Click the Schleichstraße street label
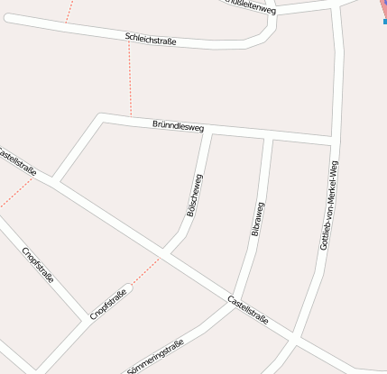(x=151, y=39)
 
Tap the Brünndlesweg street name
(x=179, y=127)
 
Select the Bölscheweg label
(x=193, y=195)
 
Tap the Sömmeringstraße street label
(x=156, y=357)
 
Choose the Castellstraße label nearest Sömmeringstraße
(x=248, y=310)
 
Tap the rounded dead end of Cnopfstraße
(x=128, y=290)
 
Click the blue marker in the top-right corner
(x=384, y=20)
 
